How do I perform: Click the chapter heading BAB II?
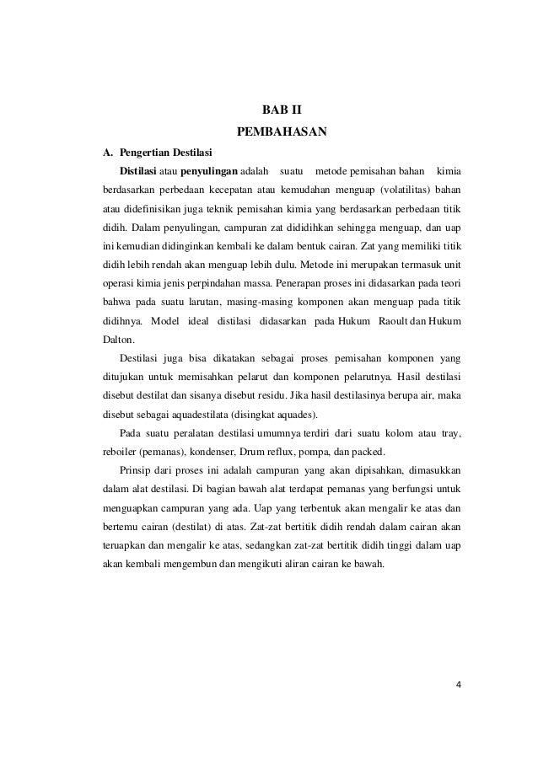coord(282,110)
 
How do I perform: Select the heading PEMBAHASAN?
coord(282,131)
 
